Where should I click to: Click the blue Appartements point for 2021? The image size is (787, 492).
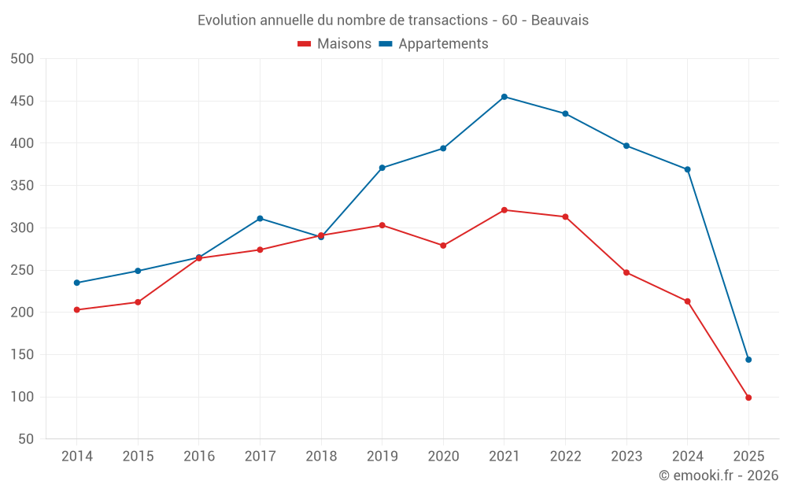(504, 97)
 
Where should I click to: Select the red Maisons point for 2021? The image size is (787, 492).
(504, 210)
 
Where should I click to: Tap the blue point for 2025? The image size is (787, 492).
(748, 360)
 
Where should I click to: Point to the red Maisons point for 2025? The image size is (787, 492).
(748, 398)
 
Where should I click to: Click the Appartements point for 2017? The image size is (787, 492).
(260, 218)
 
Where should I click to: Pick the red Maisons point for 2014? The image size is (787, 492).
(76, 310)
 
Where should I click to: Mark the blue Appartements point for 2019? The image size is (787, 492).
(382, 168)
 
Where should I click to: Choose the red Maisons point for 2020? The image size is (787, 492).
(443, 246)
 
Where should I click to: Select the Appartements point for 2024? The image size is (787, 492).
(688, 169)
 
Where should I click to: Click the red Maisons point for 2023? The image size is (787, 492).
(626, 272)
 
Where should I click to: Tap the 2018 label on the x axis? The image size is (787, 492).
(321, 457)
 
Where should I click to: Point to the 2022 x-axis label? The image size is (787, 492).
(565, 457)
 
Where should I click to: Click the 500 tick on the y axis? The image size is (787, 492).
(23, 59)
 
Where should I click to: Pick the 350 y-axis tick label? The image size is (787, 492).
(23, 186)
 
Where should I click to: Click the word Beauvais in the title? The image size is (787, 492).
(560, 20)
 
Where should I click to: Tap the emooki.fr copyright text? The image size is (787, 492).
(719, 475)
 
